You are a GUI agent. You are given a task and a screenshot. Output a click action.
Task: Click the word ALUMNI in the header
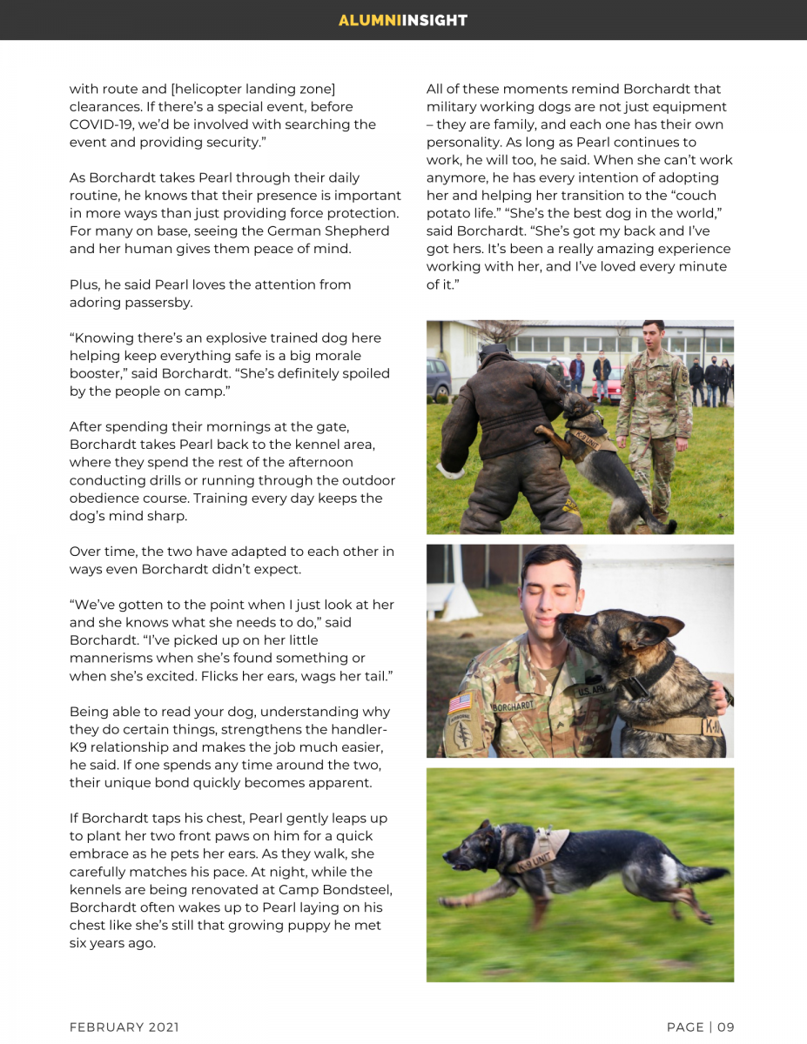click(369, 20)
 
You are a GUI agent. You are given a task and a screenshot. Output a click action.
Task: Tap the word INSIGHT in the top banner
click(434, 20)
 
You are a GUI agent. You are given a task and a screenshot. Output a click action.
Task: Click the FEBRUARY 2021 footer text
click(124, 1027)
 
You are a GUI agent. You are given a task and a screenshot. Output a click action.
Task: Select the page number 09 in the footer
click(726, 1027)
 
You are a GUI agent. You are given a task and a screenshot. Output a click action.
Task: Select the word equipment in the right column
click(685, 107)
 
